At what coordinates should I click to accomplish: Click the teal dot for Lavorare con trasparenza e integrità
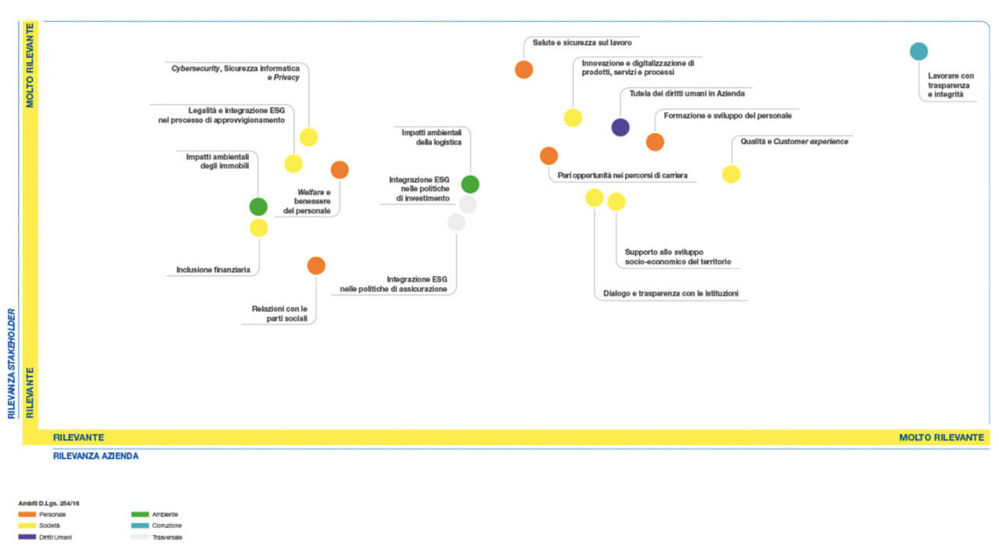[x=919, y=51]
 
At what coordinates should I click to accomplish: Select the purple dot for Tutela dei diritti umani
[x=620, y=127]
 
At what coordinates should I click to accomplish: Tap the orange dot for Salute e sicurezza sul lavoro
[x=524, y=69]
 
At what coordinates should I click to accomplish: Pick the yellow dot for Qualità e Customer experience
[x=731, y=174]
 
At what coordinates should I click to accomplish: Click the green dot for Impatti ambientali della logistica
[x=470, y=184]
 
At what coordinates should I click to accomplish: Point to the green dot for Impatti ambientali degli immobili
[x=258, y=207]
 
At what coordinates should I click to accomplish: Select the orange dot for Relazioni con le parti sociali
[x=316, y=266]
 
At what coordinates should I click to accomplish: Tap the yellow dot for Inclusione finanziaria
[x=258, y=228]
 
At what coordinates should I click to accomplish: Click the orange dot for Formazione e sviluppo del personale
[x=655, y=142]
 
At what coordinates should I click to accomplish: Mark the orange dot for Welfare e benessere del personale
[x=340, y=170]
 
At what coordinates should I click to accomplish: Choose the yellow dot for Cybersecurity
[x=308, y=136]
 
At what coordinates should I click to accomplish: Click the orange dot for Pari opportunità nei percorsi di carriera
[x=549, y=156]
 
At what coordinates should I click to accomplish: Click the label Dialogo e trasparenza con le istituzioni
[x=670, y=293]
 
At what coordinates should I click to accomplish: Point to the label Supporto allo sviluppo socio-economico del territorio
[x=678, y=257]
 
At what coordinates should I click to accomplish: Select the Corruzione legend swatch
[x=140, y=526]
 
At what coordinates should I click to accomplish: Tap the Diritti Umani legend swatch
[x=27, y=537]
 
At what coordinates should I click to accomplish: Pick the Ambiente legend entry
[x=155, y=514]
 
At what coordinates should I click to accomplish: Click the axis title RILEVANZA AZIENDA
[x=95, y=456]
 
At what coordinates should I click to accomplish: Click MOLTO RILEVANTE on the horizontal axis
[x=941, y=438]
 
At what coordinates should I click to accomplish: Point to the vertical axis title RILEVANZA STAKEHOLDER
[x=12, y=363]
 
